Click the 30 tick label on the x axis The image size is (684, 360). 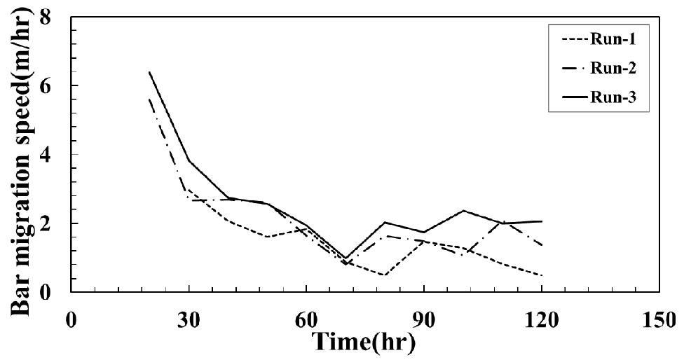coord(189,319)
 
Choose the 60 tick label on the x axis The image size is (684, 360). coord(306,319)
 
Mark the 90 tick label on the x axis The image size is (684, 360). coord(424,319)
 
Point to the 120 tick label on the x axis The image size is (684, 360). coord(541,319)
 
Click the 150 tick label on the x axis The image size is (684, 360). coord(659,319)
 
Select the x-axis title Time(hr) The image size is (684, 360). coord(364,343)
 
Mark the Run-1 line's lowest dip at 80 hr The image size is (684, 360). coord(385,275)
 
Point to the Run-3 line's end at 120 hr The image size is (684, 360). coord(542,221)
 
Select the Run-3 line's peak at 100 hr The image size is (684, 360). coord(463,210)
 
